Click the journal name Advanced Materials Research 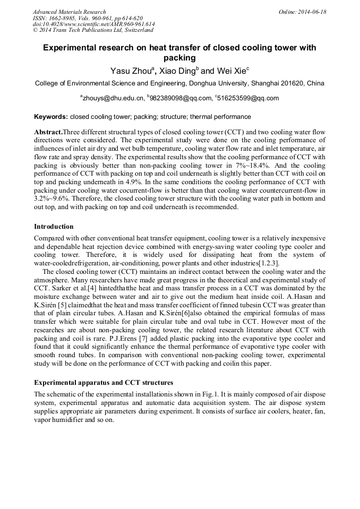tap(69, 12)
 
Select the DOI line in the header tap(93, 24)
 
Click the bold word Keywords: tap(51, 116)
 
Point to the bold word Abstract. tap(48, 131)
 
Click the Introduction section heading tap(54, 226)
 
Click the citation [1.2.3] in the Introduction tap(269, 263)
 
